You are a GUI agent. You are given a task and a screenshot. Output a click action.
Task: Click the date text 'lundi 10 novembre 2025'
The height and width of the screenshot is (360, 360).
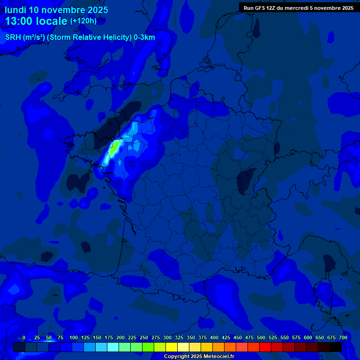point(56,10)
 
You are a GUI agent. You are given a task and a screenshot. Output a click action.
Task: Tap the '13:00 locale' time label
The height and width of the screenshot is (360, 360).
point(36,21)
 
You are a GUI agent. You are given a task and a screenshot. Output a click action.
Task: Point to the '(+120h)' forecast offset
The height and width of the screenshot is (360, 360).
point(83,21)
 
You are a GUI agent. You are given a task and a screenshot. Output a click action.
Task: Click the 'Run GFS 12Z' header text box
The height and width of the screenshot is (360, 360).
point(298,8)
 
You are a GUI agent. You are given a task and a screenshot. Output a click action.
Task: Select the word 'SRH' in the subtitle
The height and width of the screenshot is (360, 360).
point(13,37)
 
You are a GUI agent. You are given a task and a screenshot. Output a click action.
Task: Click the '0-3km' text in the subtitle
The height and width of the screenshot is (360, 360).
point(144,37)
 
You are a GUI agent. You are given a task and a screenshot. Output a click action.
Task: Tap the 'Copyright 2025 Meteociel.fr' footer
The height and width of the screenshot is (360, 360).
point(199,357)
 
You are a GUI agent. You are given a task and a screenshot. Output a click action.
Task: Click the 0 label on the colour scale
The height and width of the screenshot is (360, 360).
point(24,338)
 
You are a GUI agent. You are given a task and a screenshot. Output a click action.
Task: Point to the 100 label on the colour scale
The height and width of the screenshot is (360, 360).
point(74,338)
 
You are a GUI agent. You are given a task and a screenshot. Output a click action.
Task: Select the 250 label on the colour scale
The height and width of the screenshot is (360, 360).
point(144,338)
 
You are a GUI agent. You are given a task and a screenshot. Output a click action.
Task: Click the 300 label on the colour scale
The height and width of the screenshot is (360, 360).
point(167,338)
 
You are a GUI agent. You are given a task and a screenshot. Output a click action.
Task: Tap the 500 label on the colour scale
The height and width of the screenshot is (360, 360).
point(261,338)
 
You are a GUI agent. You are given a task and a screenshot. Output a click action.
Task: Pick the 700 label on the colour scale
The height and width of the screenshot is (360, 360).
point(343,338)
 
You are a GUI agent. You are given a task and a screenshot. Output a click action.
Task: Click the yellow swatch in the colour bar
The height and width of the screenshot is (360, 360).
point(172,347)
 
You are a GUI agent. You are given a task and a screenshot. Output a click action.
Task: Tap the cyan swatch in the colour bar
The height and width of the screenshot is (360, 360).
point(113,347)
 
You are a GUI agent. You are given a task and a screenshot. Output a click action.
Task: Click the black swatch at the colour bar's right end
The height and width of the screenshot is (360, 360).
point(336,347)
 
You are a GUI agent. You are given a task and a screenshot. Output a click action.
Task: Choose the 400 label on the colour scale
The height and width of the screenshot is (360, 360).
point(214,338)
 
